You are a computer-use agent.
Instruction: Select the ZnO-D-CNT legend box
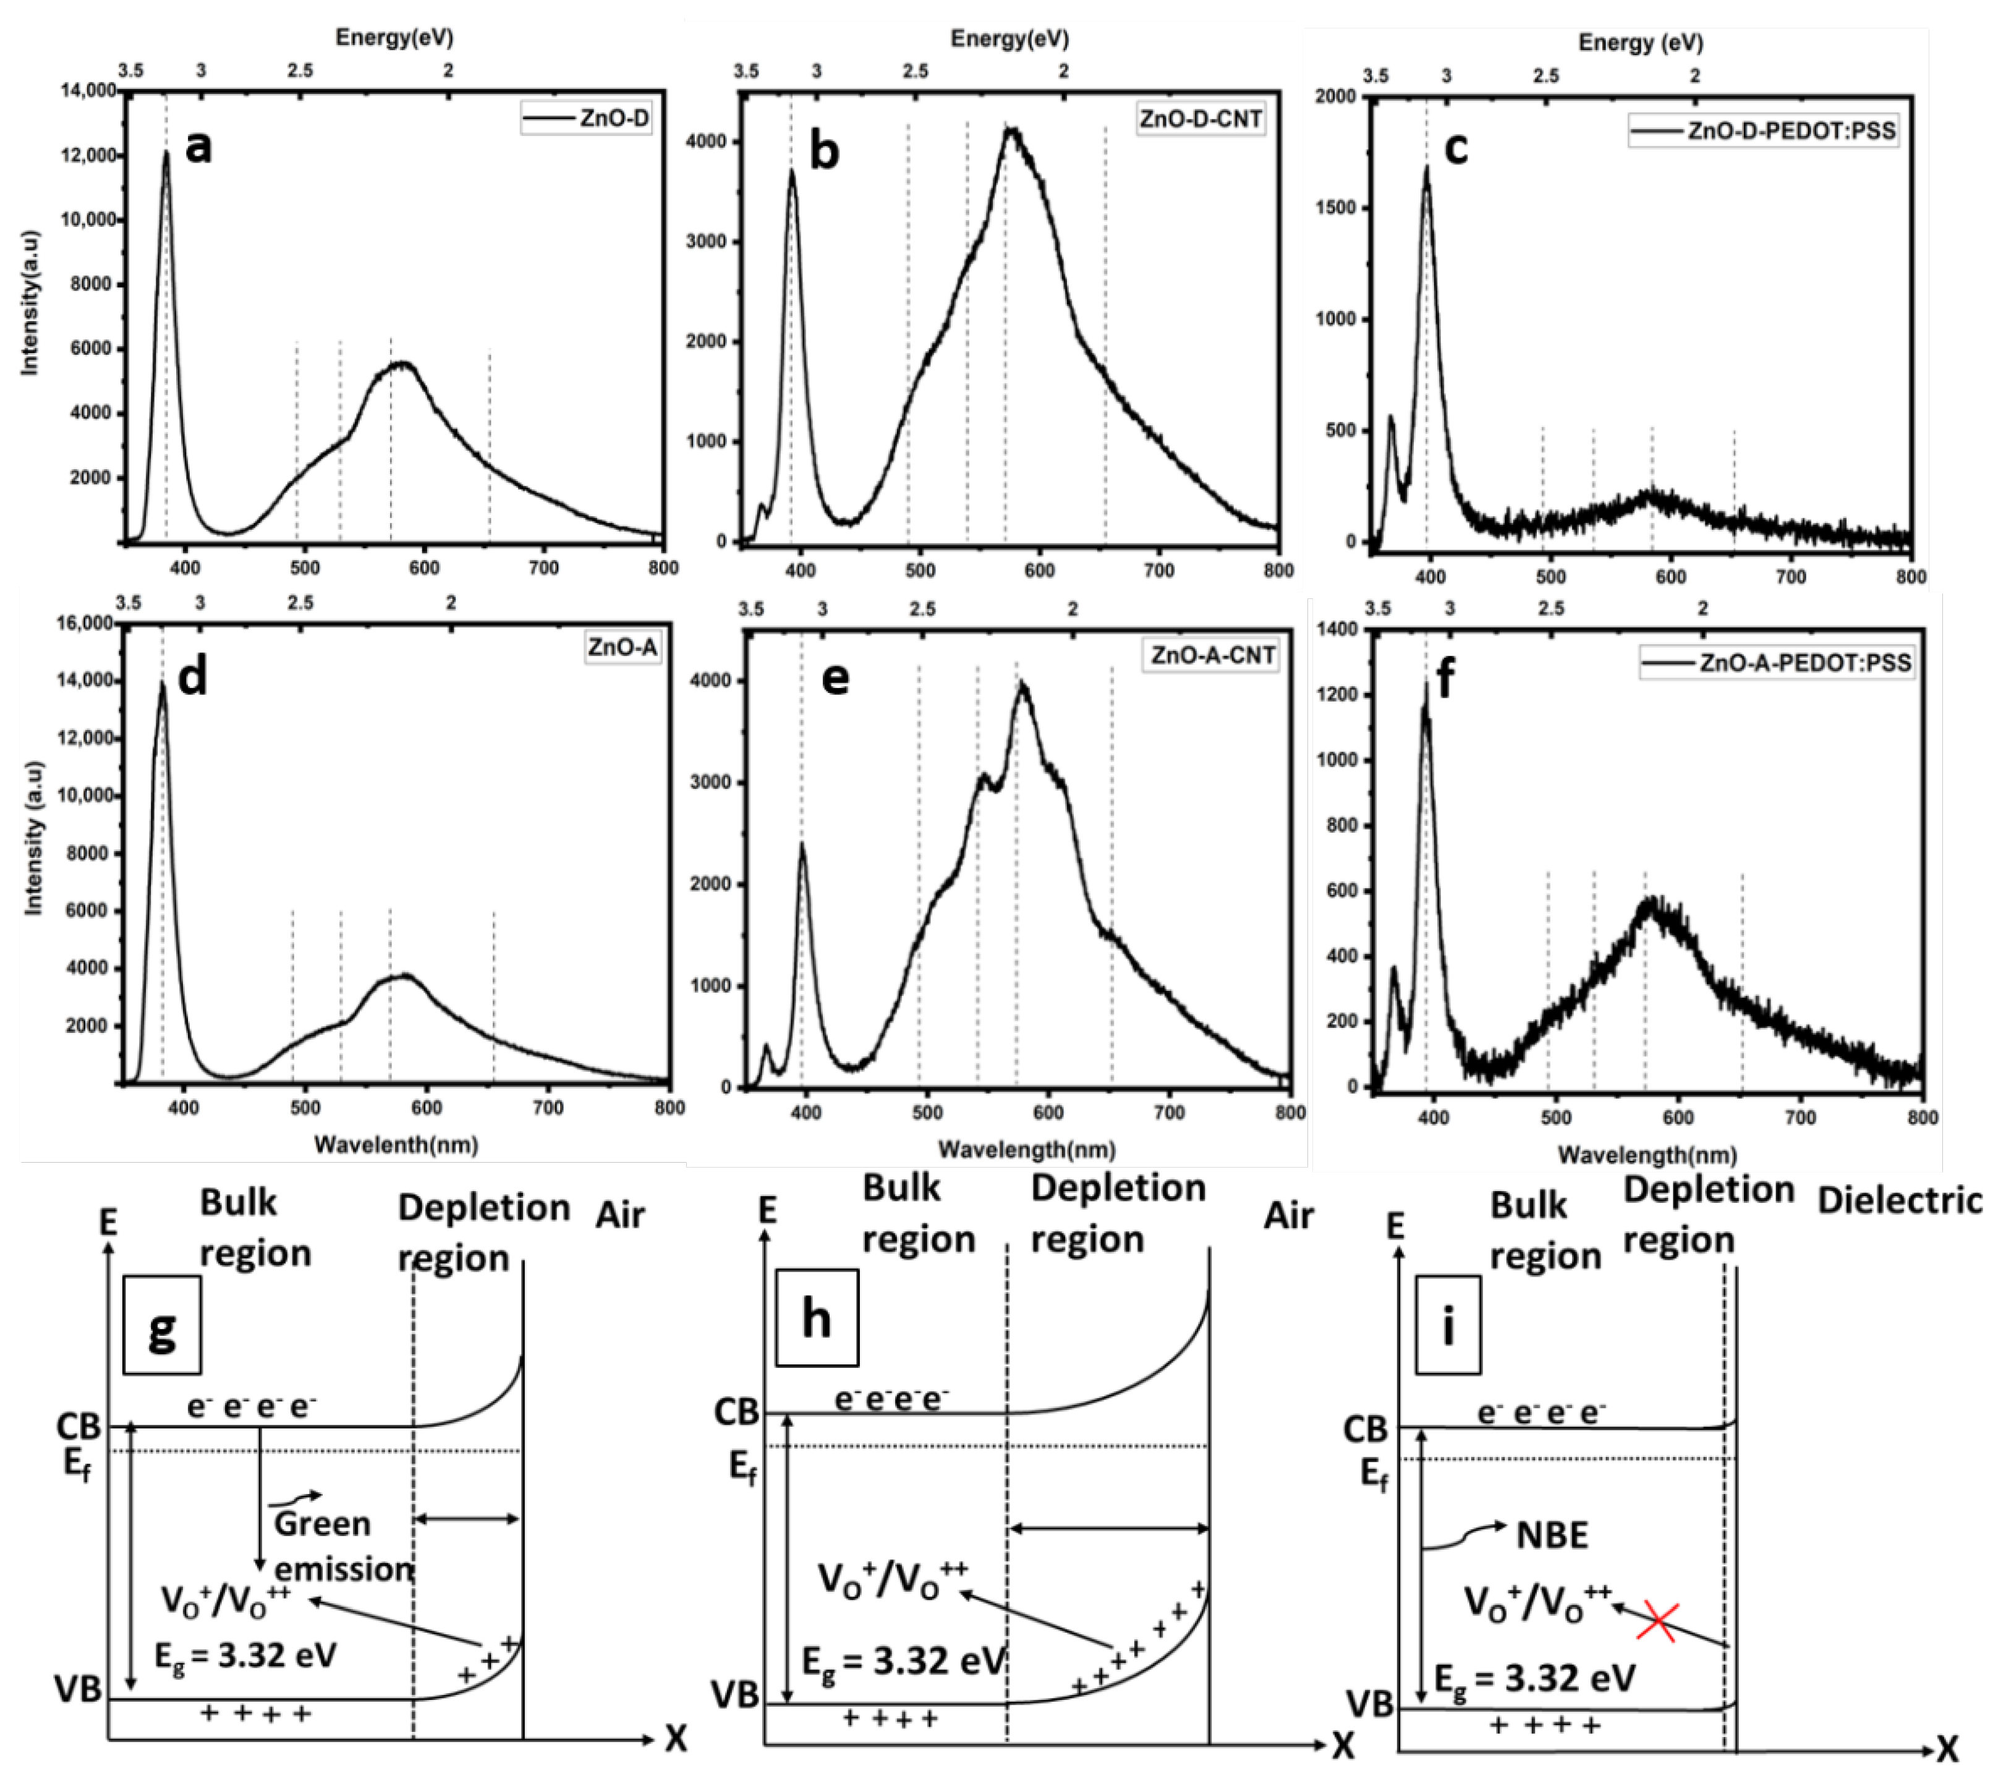tap(1200, 119)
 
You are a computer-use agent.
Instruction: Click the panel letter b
tap(824, 151)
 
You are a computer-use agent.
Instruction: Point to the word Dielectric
tap(1899, 1200)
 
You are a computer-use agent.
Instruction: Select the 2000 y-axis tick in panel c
tap(1335, 97)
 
